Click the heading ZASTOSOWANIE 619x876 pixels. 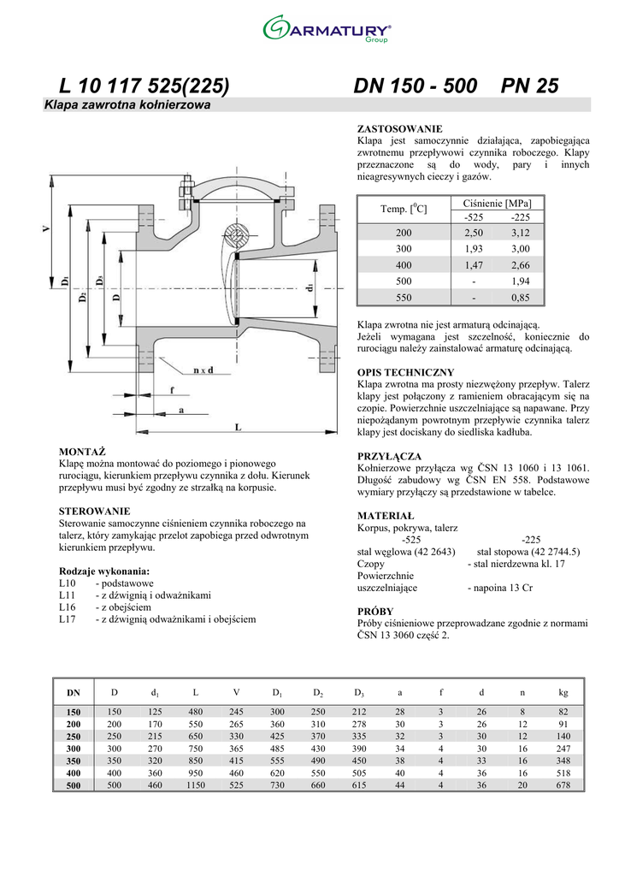click(x=399, y=129)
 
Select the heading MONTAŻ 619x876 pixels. click(x=82, y=452)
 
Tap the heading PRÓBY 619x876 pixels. click(x=375, y=611)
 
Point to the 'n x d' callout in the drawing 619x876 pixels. click(x=203, y=370)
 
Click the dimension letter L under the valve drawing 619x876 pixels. click(x=238, y=427)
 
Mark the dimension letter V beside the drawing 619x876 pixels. click(x=46, y=228)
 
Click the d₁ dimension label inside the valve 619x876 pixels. click(x=309, y=287)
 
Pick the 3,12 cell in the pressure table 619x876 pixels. click(x=520, y=233)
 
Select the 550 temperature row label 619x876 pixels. click(x=404, y=298)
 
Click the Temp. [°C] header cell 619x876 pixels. click(x=404, y=209)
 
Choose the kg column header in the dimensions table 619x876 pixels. click(x=563, y=692)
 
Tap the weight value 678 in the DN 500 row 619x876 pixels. click(x=563, y=785)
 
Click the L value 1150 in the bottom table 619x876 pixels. click(x=195, y=785)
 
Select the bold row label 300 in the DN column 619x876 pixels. click(x=74, y=749)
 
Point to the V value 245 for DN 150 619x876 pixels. click(x=236, y=712)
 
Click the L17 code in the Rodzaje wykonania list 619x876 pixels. click(x=67, y=619)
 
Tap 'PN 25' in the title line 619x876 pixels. click(x=530, y=86)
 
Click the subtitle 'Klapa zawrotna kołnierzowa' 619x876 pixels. click(x=127, y=104)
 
